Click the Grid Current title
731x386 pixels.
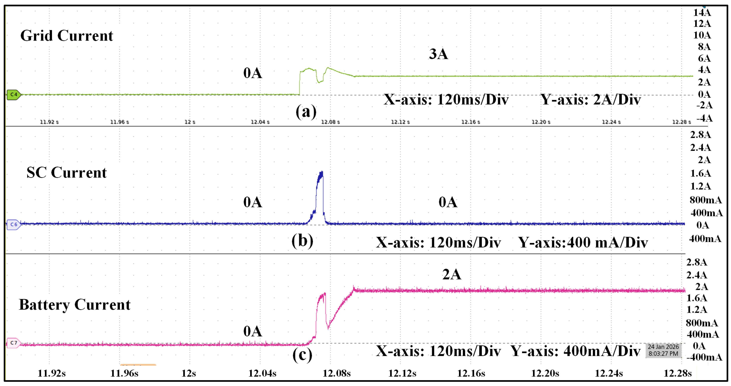click(x=67, y=36)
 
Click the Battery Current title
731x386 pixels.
click(x=74, y=305)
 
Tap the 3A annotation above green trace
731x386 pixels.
click(x=439, y=54)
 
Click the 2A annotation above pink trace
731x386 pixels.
click(x=452, y=274)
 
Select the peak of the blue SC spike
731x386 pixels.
click(x=322, y=172)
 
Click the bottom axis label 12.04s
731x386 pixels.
click(x=262, y=373)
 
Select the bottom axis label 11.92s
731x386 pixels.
click(x=52, y=373)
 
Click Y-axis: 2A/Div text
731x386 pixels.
click(x=590, y=100)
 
